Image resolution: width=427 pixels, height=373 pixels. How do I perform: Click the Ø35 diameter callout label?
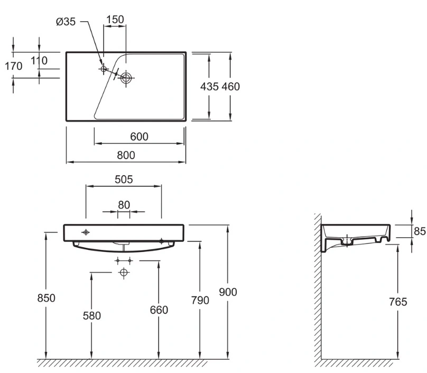coord(66,22)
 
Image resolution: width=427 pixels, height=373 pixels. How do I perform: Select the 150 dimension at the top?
coord(115,20)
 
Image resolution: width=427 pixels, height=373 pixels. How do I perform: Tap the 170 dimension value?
coord(14,66)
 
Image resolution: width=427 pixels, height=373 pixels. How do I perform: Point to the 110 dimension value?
coord(39,60)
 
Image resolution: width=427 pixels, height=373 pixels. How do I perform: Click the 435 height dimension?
coord(209,87)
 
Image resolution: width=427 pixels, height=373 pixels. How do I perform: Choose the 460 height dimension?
coord(230,87)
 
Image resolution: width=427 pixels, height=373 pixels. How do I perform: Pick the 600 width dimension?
coord(139,136)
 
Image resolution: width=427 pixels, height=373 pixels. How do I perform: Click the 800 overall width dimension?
coord(126,155)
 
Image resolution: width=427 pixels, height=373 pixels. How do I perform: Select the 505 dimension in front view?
coord(124,180)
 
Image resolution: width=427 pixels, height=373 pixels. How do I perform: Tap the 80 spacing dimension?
coord(124,205)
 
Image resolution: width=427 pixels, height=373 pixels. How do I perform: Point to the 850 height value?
coord(47,298)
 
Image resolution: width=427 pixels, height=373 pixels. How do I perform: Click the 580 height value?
coord(92,316)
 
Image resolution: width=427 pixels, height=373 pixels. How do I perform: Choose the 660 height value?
coord(159,310)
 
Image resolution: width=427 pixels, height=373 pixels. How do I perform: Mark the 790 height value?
coord(200,300)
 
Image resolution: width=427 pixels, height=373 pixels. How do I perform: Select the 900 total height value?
coord(228,292)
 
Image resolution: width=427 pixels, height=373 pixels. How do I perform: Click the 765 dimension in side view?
coord(398,302)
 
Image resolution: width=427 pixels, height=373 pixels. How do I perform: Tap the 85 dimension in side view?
coord(420,231)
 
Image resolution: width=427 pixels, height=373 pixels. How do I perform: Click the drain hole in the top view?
coord(126,78)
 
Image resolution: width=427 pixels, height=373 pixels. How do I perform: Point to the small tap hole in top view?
coord(103,69)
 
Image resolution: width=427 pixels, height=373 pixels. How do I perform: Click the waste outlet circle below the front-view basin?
coord(124,272)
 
